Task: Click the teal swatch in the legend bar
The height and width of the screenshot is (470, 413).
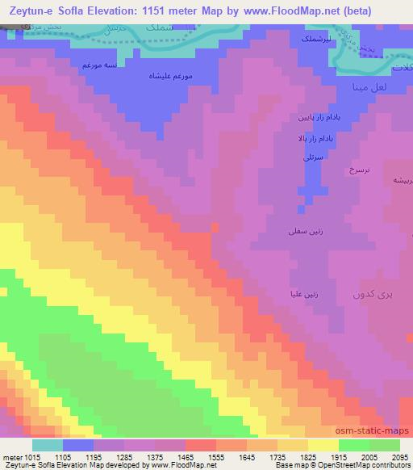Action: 47,444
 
